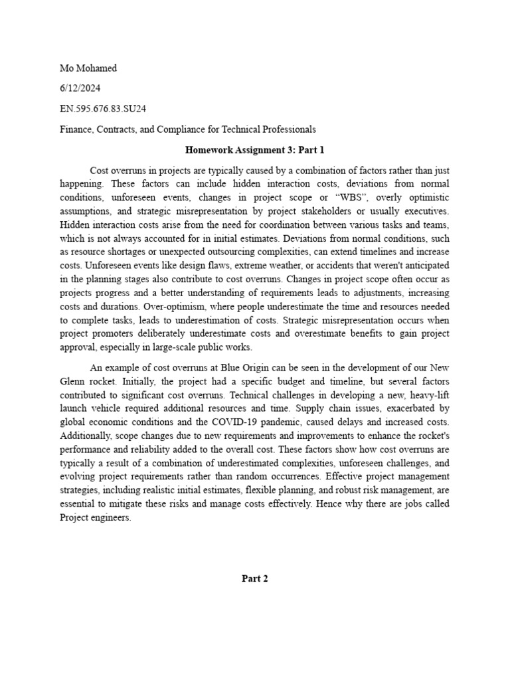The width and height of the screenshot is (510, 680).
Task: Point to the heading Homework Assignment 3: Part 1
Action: click(x=254, y=150)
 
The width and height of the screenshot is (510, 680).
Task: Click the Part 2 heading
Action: click(x=254, y=578)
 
